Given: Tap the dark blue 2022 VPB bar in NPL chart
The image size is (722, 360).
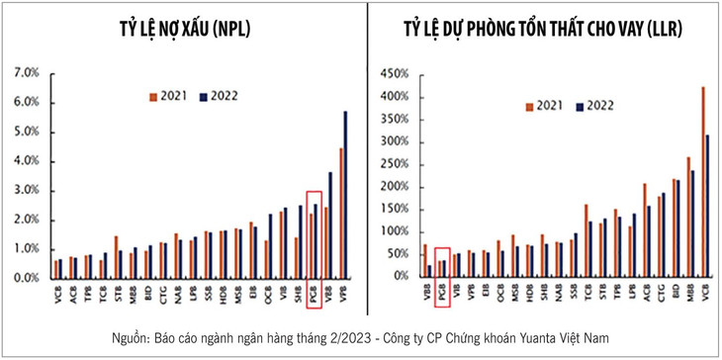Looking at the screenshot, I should tap(345, 194).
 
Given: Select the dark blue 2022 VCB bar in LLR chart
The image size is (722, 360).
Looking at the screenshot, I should tap(708, 205).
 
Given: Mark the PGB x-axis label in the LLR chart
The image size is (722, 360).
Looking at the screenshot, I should tap(441, 294).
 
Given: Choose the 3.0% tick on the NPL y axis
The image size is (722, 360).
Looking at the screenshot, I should tap(24, 190).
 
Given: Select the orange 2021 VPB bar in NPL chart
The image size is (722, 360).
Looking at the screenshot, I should tap(339, 213).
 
